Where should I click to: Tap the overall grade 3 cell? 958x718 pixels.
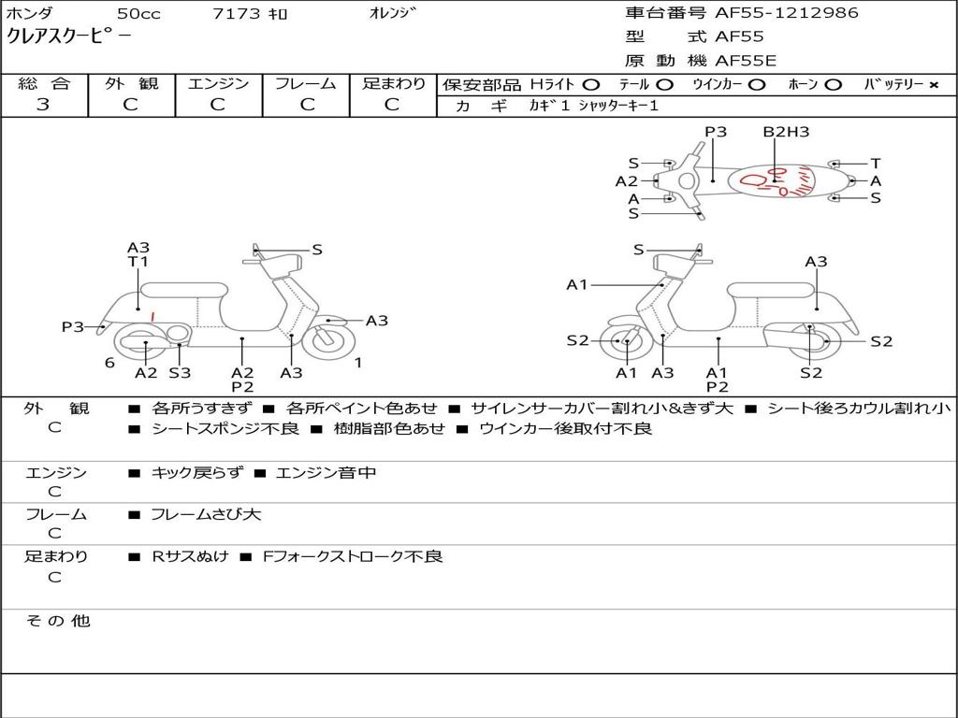43,105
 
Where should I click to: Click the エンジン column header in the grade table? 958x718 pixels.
218,83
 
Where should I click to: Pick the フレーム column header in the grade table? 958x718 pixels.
305,83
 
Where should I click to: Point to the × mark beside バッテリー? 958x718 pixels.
933,85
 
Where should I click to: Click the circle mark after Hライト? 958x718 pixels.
590,85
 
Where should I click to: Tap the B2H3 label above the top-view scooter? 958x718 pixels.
786,132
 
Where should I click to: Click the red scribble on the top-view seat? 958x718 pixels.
772,181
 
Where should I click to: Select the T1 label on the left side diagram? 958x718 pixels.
138,262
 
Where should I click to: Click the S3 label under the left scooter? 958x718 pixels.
180,373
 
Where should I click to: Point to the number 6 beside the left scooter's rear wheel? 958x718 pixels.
109,363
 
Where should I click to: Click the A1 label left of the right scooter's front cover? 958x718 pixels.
577,284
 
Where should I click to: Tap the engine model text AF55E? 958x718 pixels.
746,61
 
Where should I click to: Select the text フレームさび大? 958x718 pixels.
206,514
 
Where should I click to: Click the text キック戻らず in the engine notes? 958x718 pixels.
196,473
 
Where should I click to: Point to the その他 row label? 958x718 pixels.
58,621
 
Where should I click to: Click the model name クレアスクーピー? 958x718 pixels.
69,36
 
